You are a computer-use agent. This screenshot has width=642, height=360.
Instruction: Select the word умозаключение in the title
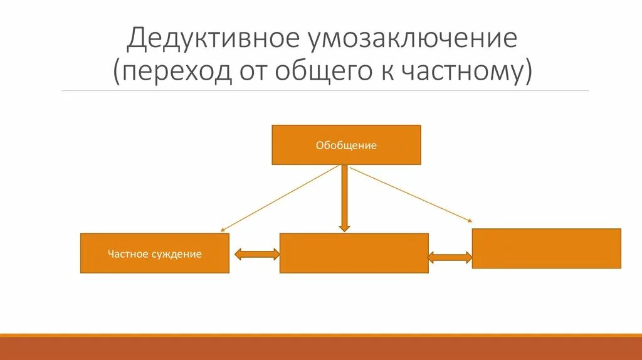(412, 39)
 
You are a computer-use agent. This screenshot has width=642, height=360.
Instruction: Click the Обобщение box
(346, 145)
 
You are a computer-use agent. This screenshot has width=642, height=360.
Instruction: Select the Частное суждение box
(155, 253)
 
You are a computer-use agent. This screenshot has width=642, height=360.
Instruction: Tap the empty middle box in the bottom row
(354, 253)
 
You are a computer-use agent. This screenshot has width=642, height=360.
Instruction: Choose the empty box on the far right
(546, 248)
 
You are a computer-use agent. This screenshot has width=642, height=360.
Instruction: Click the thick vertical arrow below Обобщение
(344, 194)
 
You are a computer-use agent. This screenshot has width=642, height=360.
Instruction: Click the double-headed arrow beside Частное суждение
(256, 254)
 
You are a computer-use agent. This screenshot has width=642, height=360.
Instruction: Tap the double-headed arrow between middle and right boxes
(450, 257)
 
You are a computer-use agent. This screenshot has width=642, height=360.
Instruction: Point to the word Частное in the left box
(127, 254)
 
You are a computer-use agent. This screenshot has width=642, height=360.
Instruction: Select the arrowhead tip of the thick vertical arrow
(344, 230)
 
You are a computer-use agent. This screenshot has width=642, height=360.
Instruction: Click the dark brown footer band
(321, 349)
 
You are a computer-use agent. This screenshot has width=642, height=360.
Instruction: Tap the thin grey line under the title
(325, 91)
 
